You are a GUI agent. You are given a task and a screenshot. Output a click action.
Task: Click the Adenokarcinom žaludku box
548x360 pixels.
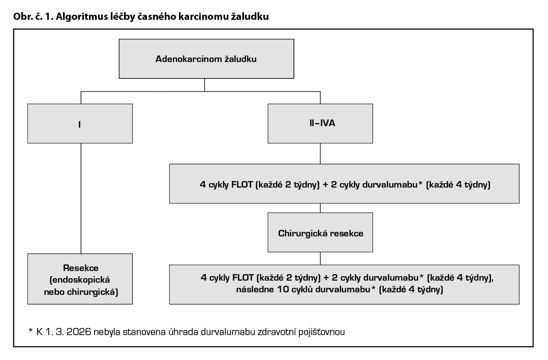point(206,58)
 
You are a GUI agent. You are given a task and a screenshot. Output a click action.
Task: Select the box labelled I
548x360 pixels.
point(80,124)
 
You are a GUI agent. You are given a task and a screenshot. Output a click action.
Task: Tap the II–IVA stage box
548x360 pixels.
point(320,124)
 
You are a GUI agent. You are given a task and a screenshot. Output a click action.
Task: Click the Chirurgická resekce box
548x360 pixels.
point(320,232)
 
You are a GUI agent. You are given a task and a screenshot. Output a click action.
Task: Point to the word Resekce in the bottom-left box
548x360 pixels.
point(81,268)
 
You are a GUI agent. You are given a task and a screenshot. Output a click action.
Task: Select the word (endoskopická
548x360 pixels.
point(80,280)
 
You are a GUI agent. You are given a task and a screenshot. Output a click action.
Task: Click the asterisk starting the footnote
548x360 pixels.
point(31,330)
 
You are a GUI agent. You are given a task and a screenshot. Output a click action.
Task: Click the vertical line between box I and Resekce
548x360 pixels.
point(81,198)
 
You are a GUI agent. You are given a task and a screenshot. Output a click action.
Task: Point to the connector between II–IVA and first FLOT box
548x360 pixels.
point(320,154)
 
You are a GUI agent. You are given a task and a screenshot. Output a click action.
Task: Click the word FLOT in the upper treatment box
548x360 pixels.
point(242,185)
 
